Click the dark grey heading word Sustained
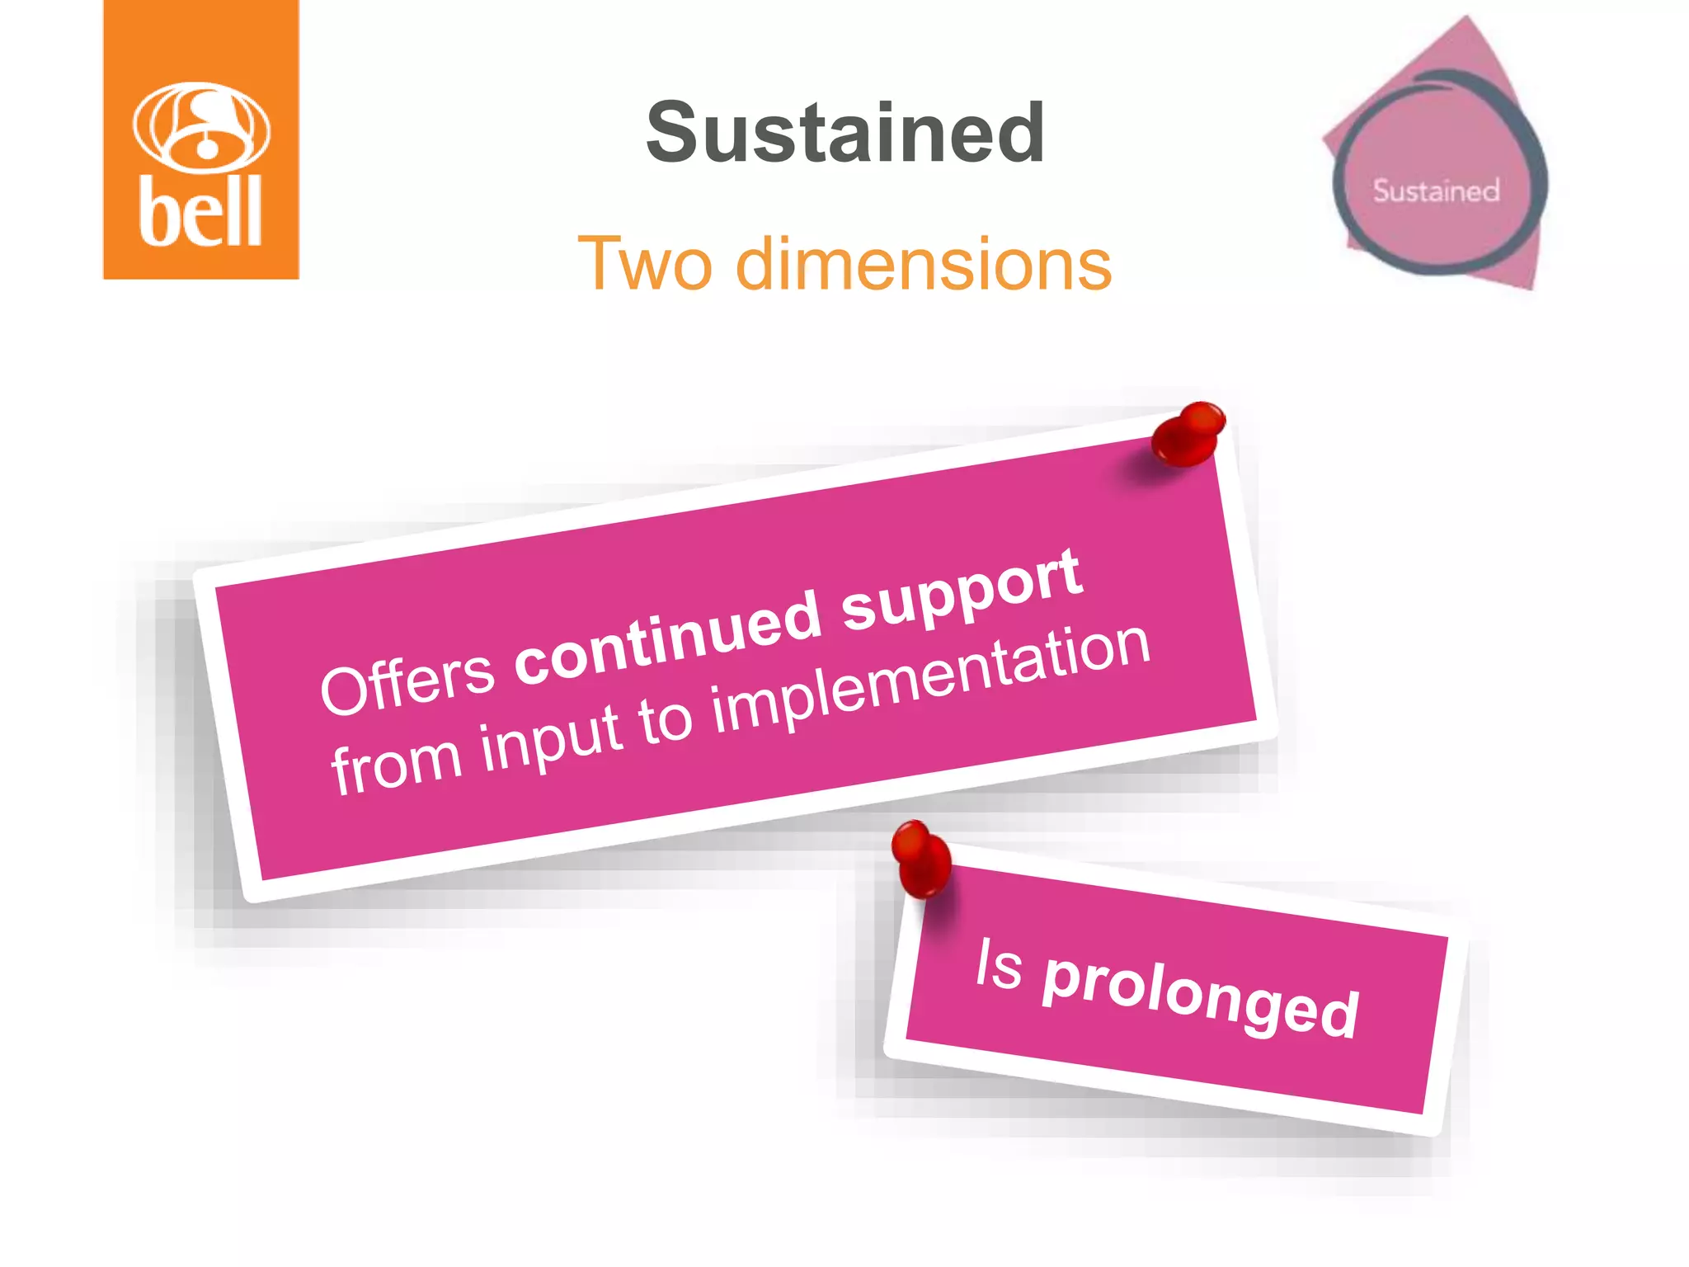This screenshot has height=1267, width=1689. tap(845, 132)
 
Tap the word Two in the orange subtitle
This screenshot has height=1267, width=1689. tap(644, 264)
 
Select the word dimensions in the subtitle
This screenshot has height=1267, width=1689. tap(924, 264)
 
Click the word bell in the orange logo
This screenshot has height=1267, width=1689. tap(200, 211)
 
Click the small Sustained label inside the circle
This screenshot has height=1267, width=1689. tap(1436, 191)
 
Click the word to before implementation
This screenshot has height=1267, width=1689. tap(665, 719)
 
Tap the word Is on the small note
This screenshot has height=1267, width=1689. tap(999, 963)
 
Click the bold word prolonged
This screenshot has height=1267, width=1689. tap(1200, 995)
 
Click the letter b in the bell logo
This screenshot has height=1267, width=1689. tap(156, 211)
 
